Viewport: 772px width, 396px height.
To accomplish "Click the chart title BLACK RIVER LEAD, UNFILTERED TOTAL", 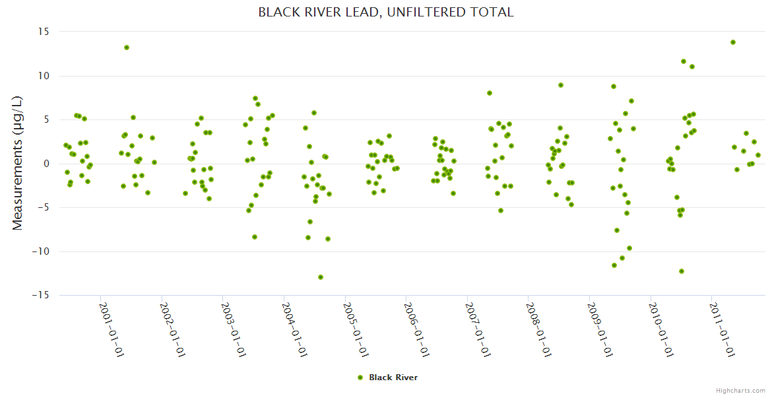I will (385, 13).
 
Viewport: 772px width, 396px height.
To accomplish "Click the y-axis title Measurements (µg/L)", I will (18, 163).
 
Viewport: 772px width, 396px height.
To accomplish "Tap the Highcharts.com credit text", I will (740, 391).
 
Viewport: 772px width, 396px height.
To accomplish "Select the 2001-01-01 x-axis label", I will (112, 329).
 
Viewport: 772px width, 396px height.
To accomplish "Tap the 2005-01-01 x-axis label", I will (356, 329).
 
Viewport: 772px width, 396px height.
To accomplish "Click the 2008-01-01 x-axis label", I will (539, 329).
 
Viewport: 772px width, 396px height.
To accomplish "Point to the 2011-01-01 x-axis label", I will (723, 329).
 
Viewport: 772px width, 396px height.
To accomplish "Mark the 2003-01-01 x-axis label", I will (234, 329).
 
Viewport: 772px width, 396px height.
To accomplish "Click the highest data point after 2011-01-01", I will (733, 42).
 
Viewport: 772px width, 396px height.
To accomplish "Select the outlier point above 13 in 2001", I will (127, 48).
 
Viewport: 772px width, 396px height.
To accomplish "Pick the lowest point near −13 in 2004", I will (321, 277).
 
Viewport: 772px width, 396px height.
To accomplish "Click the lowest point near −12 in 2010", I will (682, 271).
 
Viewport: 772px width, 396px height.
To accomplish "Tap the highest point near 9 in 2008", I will (561, 85).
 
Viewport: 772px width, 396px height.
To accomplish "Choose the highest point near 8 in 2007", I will (490, 93).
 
